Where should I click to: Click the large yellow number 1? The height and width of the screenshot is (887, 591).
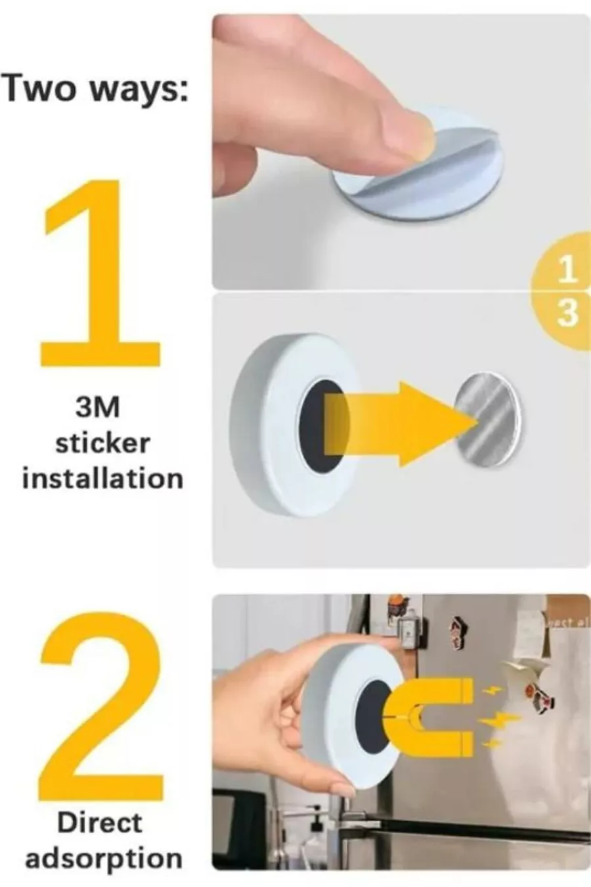coord(100,273)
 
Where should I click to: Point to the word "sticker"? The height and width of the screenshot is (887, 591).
coord(103,443)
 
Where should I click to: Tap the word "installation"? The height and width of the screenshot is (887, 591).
coord(102,478)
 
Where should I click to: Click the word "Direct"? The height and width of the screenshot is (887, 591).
coord(100,822)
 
